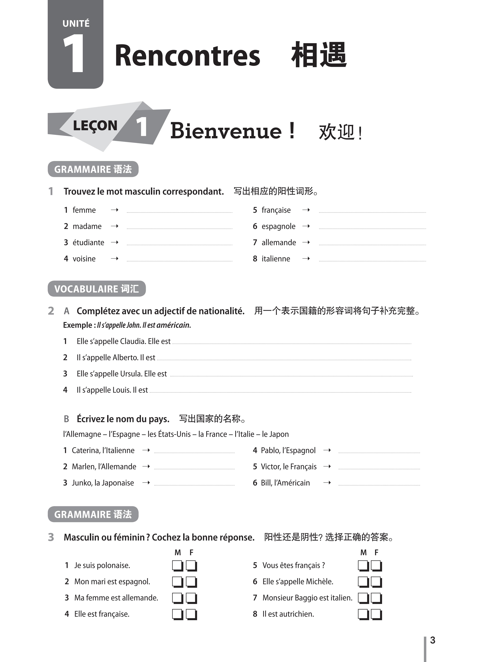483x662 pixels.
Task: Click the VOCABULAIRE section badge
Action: click(x=97, y=289)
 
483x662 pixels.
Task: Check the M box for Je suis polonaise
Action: click(x=178, y=565)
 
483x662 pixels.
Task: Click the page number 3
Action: click(x=432, y=640)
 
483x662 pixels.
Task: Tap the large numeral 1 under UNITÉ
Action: click(x=74, y=53)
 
